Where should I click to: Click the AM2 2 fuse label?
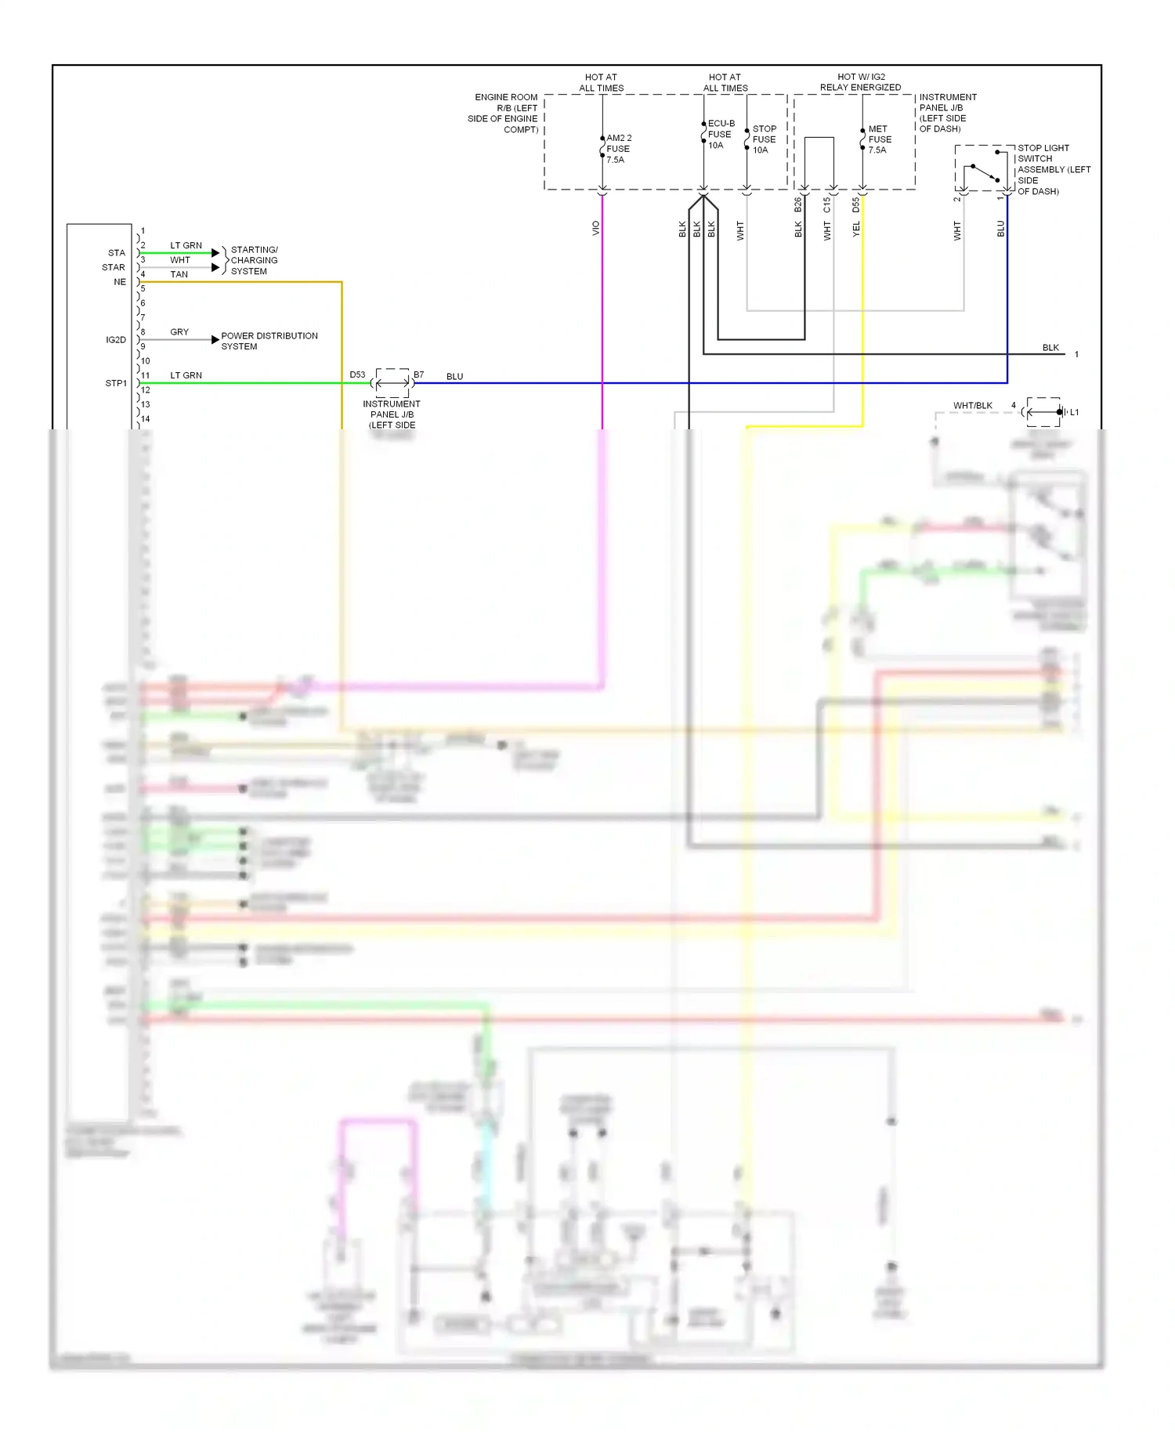(618, 149)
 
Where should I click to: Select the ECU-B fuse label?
(720, 134)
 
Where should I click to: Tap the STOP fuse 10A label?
(764, 139)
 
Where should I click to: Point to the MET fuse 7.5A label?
(879, 139)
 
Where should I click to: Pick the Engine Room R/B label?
(504, 113)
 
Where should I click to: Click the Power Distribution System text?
(269, 341)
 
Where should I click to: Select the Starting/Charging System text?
(253, 260)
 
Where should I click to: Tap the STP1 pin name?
(116, 383)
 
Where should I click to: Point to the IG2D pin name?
(116, 339)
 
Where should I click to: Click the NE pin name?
(120, 282)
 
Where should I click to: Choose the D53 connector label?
(357, 374)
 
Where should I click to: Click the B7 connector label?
(419, 374)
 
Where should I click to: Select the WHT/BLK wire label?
(972, 405)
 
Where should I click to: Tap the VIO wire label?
(596, 228)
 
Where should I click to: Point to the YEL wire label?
(856, 229)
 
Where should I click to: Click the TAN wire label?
(179, 274)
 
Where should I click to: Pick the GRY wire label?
(179, 332)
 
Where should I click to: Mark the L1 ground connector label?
(1074, 412)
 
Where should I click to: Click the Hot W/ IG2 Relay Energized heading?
(860, 82)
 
